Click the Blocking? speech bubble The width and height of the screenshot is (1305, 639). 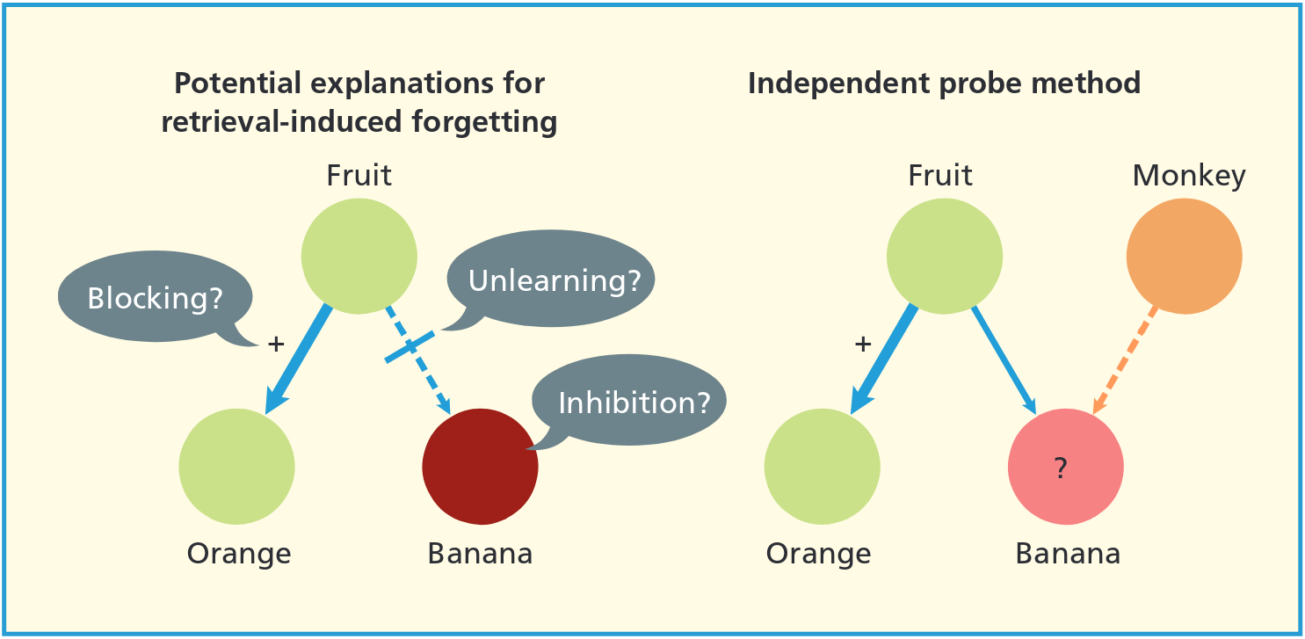click(155, 300)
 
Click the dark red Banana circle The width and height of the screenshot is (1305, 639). click(479, 465)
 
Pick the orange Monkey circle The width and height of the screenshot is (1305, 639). click(1184, 257)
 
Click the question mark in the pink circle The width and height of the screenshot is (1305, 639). click(1061, 469)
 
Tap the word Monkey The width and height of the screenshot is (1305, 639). click(1188, 176)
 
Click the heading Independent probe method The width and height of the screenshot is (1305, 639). click(944, 84)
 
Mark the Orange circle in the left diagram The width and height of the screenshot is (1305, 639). click(236, 466)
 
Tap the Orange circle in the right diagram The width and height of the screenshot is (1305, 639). click(822, 466)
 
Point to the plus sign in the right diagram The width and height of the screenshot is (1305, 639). click(862, 345)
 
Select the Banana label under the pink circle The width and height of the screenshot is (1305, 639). click(1068, 555)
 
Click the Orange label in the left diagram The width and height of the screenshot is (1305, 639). click(238, 555)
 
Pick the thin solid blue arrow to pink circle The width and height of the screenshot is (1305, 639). click(1004, 361)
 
